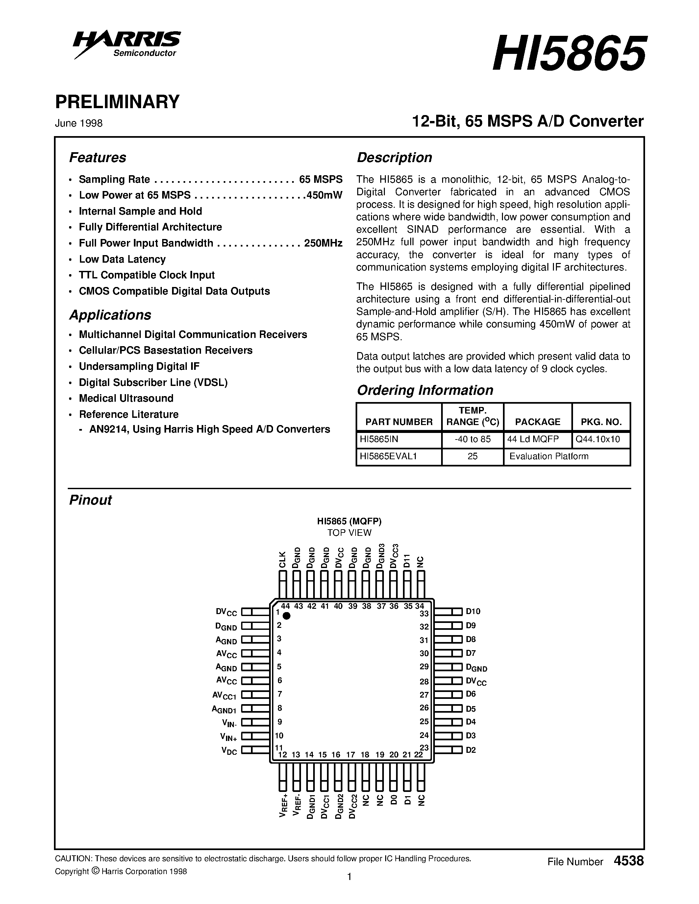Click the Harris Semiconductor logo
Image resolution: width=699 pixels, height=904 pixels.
pos(127,44)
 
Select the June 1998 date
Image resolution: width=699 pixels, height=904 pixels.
pos(79,123)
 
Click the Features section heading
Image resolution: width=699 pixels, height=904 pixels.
pos(97,158)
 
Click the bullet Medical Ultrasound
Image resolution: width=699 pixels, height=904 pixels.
pos(126,398)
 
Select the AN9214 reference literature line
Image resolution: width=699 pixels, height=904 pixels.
pos(210,429)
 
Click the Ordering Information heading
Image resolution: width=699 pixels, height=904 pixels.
pos(425,390)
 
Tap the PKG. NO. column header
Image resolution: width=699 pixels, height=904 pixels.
pos(601,422)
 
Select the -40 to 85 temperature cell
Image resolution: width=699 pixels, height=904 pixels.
pos(472,439)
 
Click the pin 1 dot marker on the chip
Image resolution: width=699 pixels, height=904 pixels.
pos(286,616)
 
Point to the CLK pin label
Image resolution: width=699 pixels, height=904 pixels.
pos(283,559)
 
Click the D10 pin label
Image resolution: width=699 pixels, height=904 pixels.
pos(473,611)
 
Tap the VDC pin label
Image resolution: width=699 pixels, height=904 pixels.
pos(229,750)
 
